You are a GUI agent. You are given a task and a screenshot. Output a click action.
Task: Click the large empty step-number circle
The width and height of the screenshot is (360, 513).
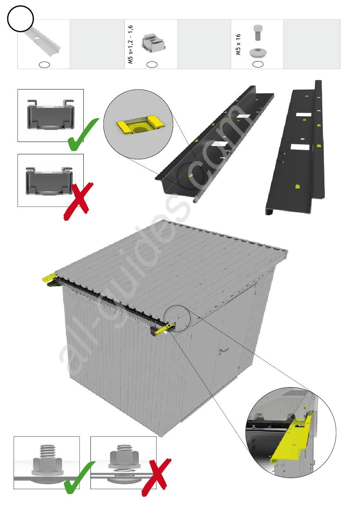tap(20, 18)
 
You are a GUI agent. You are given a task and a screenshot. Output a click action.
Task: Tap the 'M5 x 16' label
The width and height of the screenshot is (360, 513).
tap(238, 44)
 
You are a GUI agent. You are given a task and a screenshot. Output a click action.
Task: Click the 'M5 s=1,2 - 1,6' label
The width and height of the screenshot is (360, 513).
tap(131, 45)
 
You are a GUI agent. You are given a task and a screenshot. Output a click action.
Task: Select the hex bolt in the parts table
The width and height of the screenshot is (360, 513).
tap(258, 33)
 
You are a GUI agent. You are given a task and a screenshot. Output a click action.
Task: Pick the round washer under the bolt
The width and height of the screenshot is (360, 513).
tap(258, 52)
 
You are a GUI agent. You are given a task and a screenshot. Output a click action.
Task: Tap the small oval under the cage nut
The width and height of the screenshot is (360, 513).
tap(152, 64)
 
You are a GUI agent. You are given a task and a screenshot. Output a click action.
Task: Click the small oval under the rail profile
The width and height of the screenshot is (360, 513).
tap(45, 64)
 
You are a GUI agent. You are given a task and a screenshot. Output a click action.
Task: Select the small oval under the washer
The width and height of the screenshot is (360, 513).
tap(258, 64)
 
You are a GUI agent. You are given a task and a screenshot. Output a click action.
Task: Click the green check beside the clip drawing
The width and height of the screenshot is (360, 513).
tap(81, 135)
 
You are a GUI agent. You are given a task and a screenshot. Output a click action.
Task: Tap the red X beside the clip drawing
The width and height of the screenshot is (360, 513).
tap(78, 201)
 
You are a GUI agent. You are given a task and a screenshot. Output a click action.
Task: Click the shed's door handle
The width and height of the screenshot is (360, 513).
tap(224, 351)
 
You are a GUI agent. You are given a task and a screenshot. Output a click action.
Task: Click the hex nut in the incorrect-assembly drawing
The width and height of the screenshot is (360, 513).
tap(123, 454)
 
